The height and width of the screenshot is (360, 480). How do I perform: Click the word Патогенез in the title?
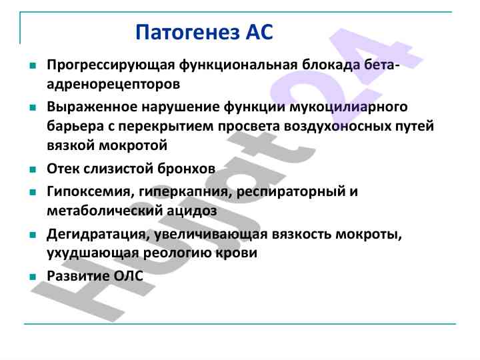[x=187, y=32]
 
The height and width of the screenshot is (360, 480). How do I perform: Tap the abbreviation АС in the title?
[x=259, y=32]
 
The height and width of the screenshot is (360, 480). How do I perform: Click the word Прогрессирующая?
[x=111, y=65]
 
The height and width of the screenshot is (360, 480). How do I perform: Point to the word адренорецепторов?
[x=113, y=85]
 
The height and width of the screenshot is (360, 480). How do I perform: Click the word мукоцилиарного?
[x=349, y=107]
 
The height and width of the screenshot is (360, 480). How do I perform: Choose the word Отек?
[x=63, y=169]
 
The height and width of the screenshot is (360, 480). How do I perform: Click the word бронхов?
[x=186, y=169]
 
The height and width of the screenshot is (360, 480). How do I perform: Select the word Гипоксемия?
[x=91, y=192]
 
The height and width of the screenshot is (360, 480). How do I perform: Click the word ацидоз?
[x=192, y=211]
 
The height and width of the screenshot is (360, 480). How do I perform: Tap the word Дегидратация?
[x=98, y=235]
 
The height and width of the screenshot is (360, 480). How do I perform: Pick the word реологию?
[x=177, y=253]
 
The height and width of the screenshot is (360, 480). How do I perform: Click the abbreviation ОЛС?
[x=128, y=276]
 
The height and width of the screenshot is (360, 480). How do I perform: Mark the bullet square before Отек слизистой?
[x=33, y=169]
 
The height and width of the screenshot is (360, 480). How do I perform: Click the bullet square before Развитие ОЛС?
[x=33, y=277]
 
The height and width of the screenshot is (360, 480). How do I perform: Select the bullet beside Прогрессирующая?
[x=33, y=65]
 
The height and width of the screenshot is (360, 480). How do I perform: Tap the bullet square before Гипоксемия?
[x=33, y=193]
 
